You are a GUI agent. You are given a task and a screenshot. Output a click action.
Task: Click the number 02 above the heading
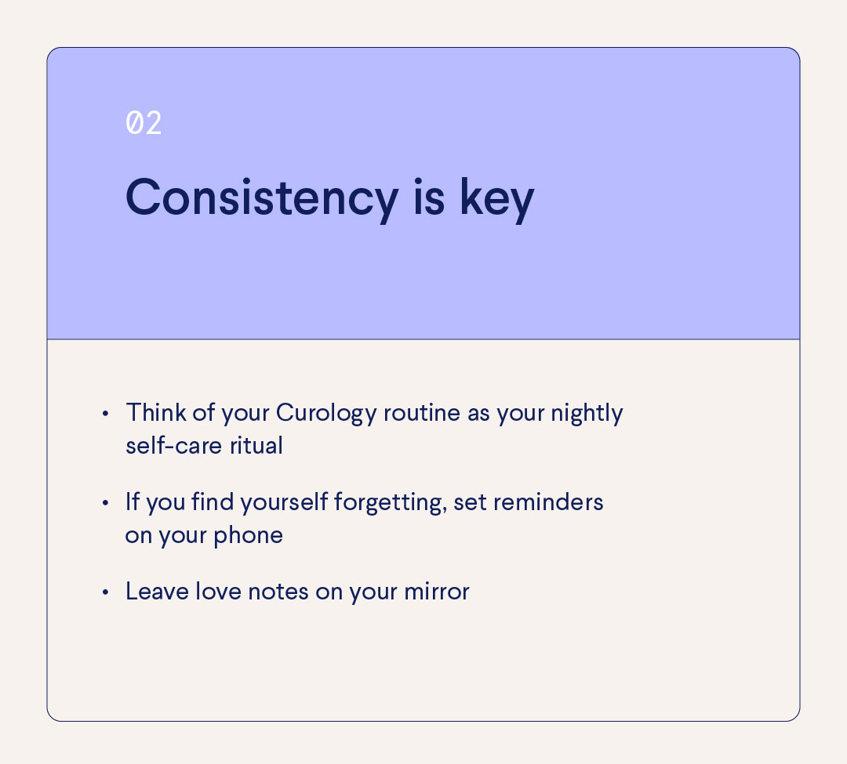click(144, 124)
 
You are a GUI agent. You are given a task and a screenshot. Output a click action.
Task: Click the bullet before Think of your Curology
click(105, 413)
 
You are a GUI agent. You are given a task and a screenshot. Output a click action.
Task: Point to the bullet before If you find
click(105, 502)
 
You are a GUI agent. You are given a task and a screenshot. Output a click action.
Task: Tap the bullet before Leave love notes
click(105, 592)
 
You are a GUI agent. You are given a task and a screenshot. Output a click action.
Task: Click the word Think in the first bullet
click(152, 413)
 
